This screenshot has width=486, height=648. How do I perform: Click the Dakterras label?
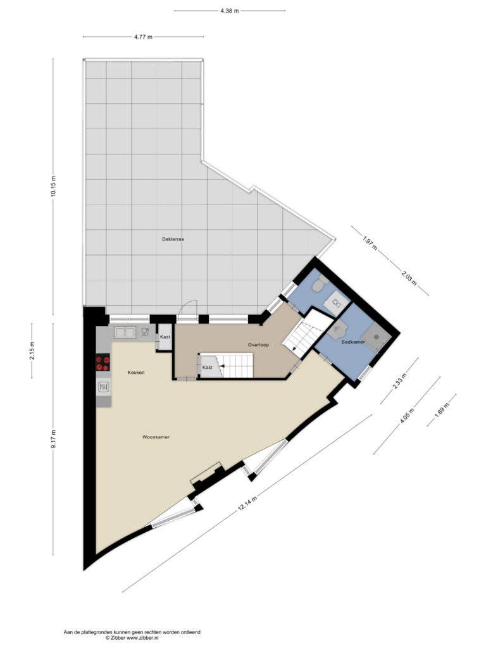[173, 239]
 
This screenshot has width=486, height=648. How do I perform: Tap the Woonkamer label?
[156, 437]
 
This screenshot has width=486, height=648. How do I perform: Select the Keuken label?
[136, 372]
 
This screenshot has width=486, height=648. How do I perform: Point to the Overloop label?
[258, 345]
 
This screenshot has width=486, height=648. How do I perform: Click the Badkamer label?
[353, 342]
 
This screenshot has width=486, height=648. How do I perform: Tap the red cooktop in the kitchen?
[103, 363]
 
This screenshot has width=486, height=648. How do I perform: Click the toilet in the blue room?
[320, 283]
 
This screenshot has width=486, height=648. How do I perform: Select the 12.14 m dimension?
[247, 503]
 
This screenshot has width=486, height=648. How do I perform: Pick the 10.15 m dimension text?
[53, 187]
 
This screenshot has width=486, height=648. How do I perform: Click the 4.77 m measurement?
[143, 37]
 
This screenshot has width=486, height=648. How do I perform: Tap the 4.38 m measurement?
[229, 11]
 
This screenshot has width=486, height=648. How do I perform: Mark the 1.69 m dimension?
[442, 410]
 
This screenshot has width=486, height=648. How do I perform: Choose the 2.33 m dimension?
[399, 380]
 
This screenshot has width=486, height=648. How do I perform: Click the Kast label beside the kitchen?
[165, 337]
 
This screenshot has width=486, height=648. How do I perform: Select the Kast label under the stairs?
[207, 368]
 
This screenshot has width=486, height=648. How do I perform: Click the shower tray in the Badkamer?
[377, 337]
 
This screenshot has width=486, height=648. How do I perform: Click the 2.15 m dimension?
[32, 351]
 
